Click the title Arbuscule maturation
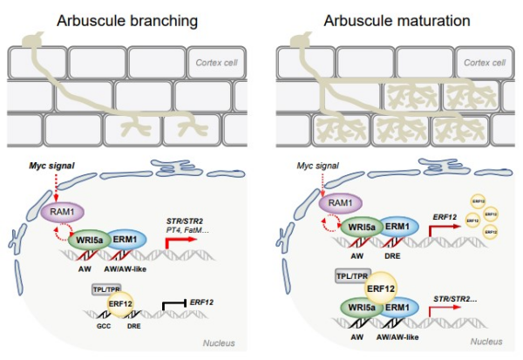pyautogui.click(x=391, y=20)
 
